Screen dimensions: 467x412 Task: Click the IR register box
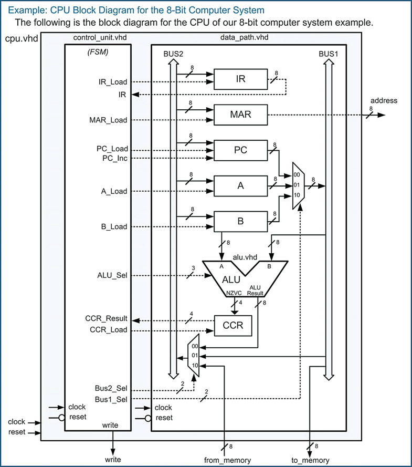pos(240,79)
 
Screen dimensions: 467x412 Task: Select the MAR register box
pos(240,115)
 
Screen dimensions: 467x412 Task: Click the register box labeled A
pos(240,185)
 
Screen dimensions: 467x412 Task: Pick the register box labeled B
pos(240,221)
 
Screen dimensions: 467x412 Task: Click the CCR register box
pos(233,325)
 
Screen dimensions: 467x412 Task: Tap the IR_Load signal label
pos(113,82)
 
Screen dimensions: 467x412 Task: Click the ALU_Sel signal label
pos(112,275)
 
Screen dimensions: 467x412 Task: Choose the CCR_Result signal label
pos(107,319)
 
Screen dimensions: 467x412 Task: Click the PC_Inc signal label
pos(114,158)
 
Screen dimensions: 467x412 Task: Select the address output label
pos(384,100)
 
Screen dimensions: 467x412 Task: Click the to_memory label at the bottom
pos(310,460)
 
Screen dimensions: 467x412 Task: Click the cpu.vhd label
pos(20,39)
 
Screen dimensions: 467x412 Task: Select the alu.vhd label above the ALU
pos(245,257)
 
